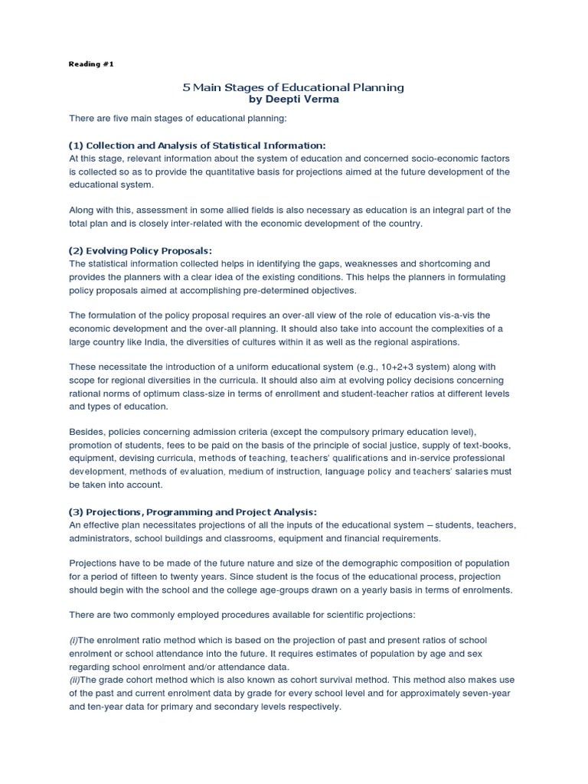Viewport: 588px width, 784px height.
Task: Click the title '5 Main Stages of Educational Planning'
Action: point(293,88)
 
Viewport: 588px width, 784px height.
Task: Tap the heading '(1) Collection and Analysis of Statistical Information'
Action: point(198,145)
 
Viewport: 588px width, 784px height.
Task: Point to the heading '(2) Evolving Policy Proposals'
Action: point(141,250)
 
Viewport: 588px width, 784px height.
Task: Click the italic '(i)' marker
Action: point(73,639)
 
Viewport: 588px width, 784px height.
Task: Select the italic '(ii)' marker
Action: point(74,678)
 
